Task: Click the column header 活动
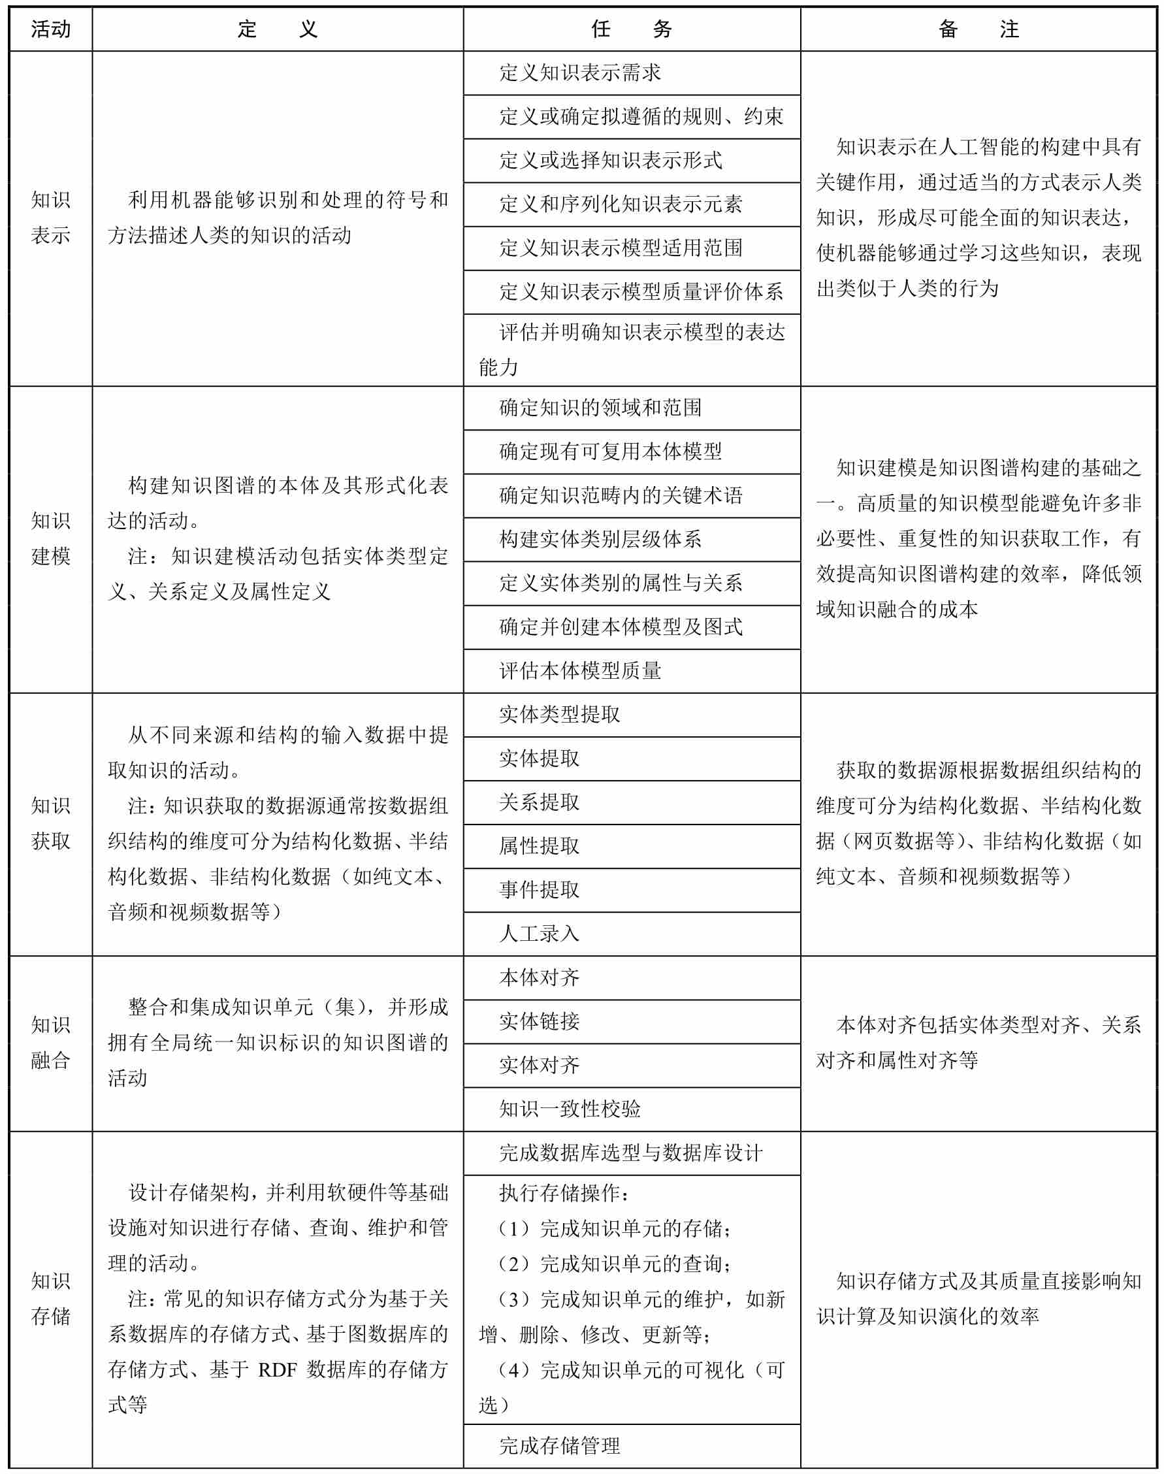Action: click(x=50, y=29)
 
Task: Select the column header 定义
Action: click(x=278, y=29)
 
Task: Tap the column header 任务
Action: click(x=631, y=29)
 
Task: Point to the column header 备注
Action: click(x=978, y=29)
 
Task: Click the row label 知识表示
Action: click(x=50, y=218)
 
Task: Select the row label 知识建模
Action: click(x=50, y=538)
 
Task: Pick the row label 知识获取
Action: click(x=50, y=824)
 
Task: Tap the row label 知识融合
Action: click(x=50, y=1042)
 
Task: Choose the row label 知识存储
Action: click(x=50, y=1299)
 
